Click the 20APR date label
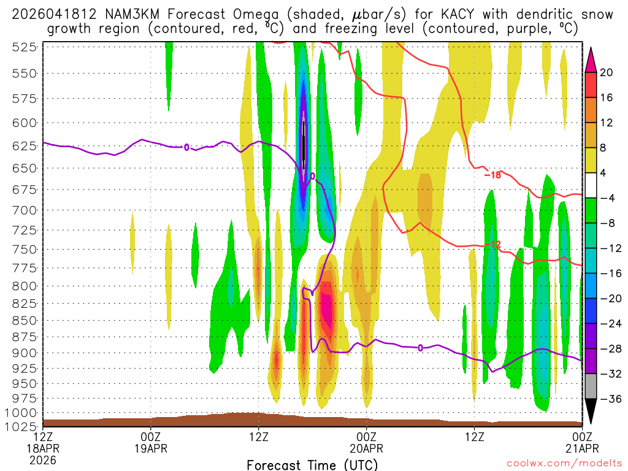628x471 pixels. pos(366,448)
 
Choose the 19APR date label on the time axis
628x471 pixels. pos(151,448)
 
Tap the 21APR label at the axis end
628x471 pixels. pos(581,448)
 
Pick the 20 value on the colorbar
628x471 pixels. pos(607,72)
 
